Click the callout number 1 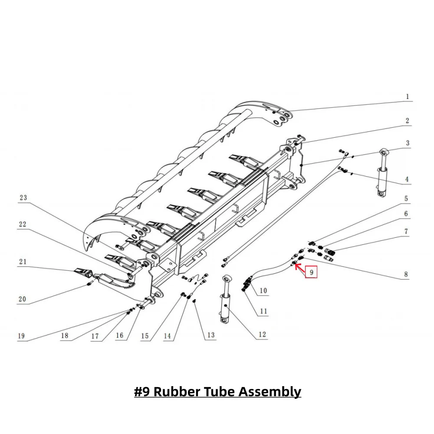407,97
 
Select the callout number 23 23,198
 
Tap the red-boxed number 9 312,272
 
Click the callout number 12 262,335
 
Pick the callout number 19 21,336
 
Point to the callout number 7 406,232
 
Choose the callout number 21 23,261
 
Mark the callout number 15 145,336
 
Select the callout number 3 407,143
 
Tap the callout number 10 263,290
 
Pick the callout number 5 406,199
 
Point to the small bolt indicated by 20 89,284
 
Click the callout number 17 95,336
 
